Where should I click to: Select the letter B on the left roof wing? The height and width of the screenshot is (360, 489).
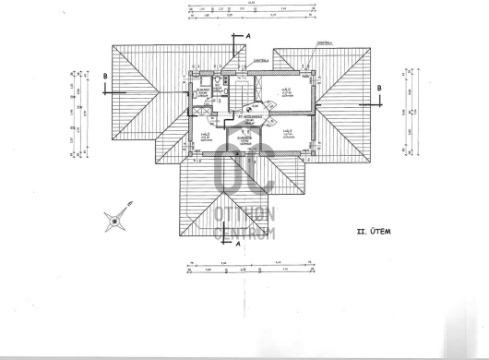[x=108, y=77]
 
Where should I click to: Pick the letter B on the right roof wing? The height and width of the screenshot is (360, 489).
[x=378, y=90]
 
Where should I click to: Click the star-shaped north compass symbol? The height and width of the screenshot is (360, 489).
[x=115, y=221]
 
